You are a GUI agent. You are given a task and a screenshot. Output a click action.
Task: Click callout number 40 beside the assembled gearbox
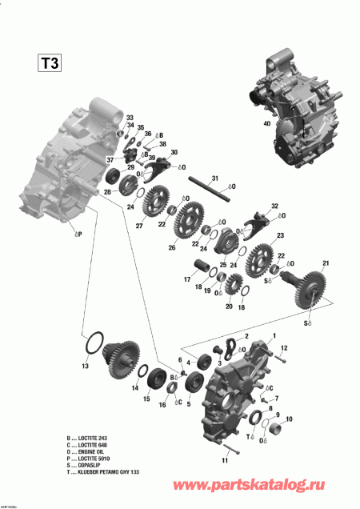click(x=266, y=123)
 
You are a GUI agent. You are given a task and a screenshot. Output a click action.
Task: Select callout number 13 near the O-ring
click(x=86, y=366)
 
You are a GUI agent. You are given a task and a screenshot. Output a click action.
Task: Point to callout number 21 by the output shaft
click(x=326, y=263)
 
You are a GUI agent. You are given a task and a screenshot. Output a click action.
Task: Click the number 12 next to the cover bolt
click(x=282, y=346)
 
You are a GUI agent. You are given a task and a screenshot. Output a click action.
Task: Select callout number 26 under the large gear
click(x=193, y=247)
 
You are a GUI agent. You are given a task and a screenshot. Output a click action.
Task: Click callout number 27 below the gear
click(x=138, y=226)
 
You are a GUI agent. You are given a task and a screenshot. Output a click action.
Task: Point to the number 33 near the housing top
click(x=130, y=118)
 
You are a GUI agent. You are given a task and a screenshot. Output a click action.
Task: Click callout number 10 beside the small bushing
click(x=289, y=419)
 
